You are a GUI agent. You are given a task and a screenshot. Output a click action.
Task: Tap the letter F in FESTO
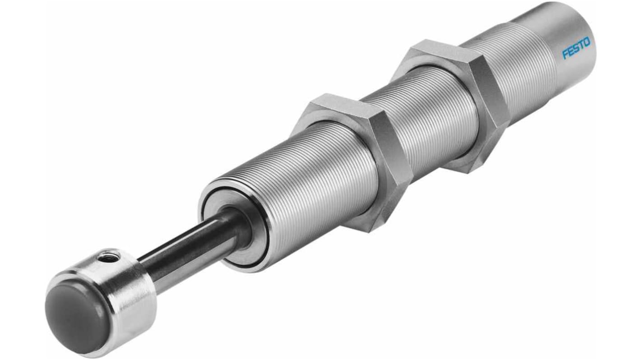pos(565,55)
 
